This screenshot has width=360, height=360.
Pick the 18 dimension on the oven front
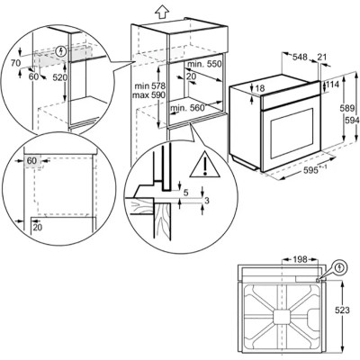pyautogui.click(x=260, y=89)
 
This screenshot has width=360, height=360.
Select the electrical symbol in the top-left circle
pyautogui.click(x=61, y=52)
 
